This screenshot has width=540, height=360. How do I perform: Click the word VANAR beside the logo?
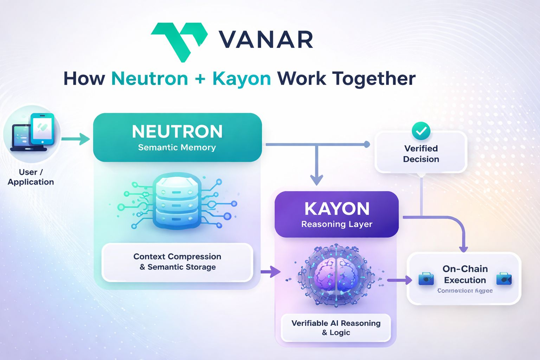(x=266, y=39)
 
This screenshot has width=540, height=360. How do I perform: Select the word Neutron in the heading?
(x=150, y=78)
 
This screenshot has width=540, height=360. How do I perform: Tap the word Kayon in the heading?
(x=242, y=78)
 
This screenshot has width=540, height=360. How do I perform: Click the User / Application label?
(x=31, y=177)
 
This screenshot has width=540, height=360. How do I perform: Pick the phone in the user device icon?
(x=43, y=129)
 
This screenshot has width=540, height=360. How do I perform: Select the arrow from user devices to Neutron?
(x=76, y=139)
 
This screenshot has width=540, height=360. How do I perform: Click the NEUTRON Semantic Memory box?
(x=177, y=137)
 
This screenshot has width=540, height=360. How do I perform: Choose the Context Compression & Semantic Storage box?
(x=177, y=262)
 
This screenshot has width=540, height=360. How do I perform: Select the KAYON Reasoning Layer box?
(x=336, y=214)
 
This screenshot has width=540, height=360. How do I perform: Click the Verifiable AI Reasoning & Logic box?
(x=336, y=328)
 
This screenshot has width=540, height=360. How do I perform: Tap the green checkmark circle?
(x=421, y=131)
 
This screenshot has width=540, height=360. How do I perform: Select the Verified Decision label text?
(x=421, y=154)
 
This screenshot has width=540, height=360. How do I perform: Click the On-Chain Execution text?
(x=465, y=274)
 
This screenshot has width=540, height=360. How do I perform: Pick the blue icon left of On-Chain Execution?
(x=426, y=279)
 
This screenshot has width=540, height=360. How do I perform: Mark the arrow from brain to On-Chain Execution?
(x=399, y=280)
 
